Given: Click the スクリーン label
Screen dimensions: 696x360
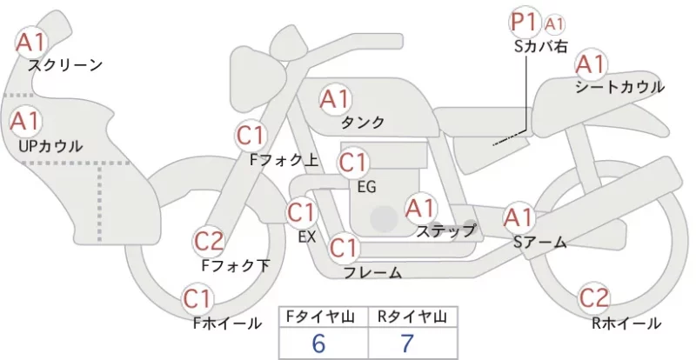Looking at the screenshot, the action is [x=65, y=66].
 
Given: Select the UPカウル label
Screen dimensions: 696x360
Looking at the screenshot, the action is [x=50, y=146].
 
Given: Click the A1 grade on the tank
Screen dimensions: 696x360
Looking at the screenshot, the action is [x=335, y=99].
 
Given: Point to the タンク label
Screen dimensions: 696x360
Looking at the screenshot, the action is [x=363, y=122].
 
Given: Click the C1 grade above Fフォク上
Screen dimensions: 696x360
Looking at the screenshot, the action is [x=251, y=136].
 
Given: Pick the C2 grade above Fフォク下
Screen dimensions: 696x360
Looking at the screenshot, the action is [x=209, y=242].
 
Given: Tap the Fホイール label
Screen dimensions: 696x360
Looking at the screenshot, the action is [x=227, y=323].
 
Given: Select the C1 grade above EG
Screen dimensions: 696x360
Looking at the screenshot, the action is [x=353, y=163].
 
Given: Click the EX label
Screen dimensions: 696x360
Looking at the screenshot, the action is [x=307, y=237].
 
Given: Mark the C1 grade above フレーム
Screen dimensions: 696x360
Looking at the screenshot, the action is [x=344, y=248].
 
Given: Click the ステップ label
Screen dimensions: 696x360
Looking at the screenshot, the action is [x=445, y=231].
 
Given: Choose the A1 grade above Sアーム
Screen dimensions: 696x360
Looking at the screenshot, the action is [x=519, y=217].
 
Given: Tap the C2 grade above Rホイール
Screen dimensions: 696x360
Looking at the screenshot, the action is [x=594, y=298].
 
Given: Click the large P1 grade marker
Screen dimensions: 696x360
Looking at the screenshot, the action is [x=525, y=23].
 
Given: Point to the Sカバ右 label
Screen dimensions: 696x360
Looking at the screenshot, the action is [x=540, y=47].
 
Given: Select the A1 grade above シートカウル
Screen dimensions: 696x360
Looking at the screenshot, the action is [x=591, y=64].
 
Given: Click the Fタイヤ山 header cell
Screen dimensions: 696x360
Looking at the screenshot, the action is [x=323, y=317].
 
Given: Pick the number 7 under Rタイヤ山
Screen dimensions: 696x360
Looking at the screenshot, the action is [x=406, y=343].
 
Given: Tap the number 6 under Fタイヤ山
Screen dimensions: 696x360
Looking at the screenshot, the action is [x=318, y=343].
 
